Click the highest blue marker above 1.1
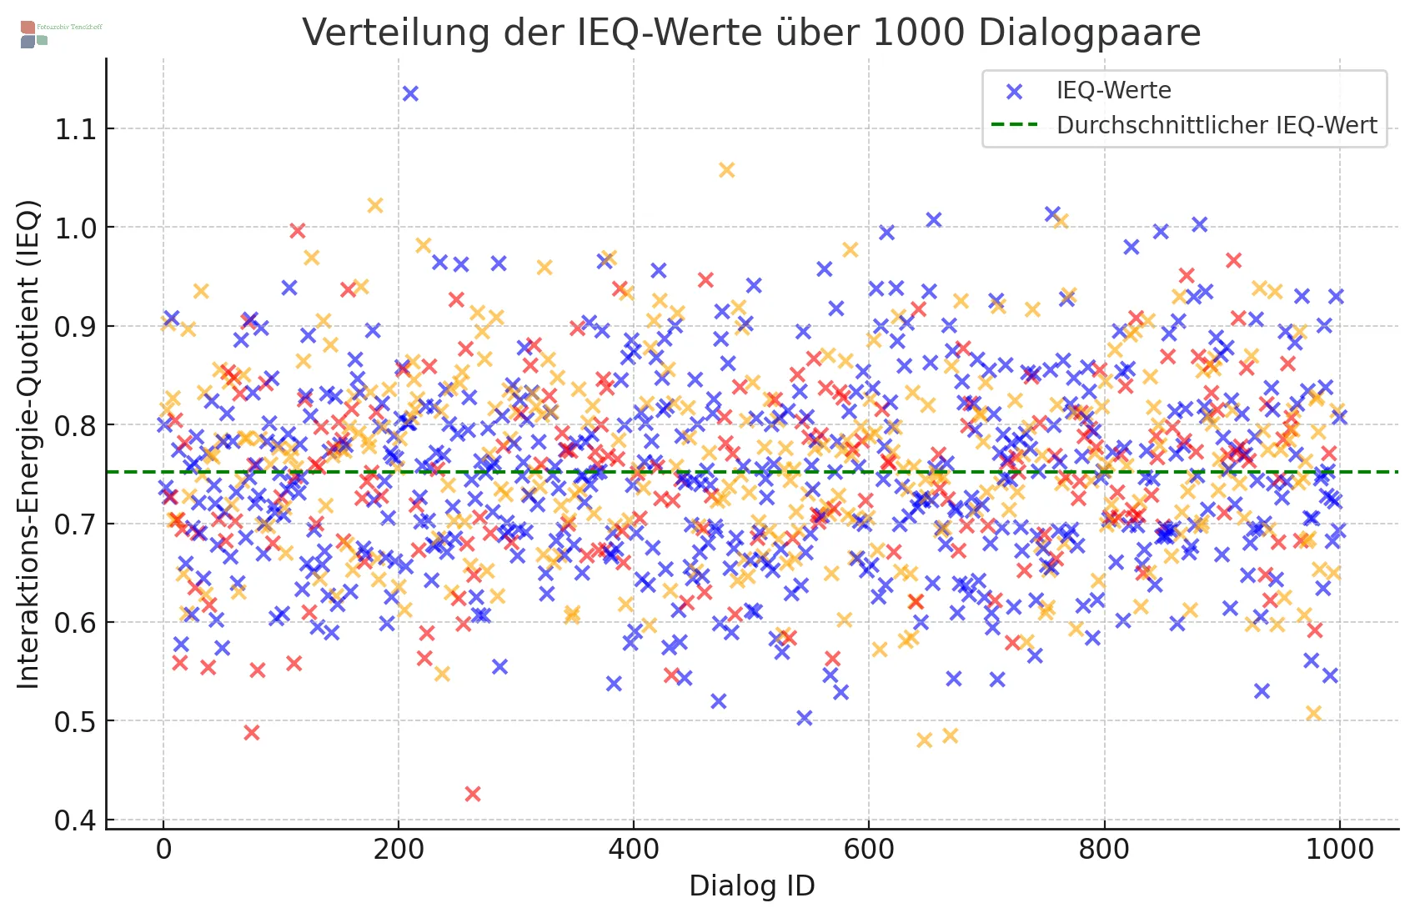pos(410,93)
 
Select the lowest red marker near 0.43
pos(473,794)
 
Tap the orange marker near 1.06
pos(727,170)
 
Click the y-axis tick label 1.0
pos(75,228)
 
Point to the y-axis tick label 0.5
pos(75,722)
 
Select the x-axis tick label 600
pos(869,850)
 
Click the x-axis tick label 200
pos(399,850)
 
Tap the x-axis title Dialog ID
pos(751,886)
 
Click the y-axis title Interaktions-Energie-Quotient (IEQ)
pos(29,444)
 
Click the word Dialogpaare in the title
pos(1089,33)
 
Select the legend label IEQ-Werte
pos(1113,90)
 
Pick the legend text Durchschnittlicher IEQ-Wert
pos(1217,125)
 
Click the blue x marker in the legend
pos(1015,91)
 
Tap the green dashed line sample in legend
pos(1015,125)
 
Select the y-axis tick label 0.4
pos(75,820)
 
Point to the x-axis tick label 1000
pos(1339,850)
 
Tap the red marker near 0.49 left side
pos(252,733)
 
